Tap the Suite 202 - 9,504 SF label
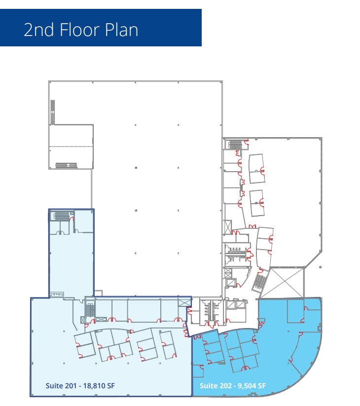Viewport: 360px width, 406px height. (232, 385)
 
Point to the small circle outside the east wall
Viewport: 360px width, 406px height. (321, 267)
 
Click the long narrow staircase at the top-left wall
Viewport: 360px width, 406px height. (53, 112)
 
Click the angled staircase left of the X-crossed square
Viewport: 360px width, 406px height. (260, 282)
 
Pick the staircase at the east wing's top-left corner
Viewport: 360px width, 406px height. (235, 144)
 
